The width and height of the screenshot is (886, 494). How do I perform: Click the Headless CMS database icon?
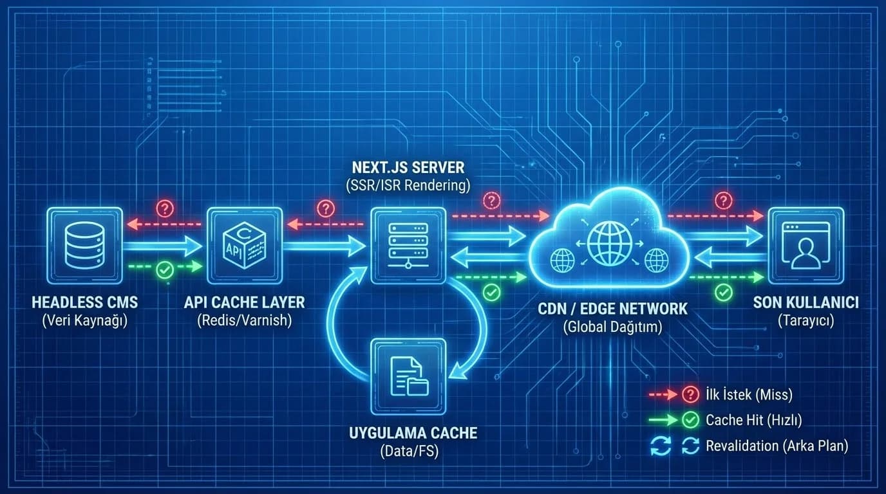coord(84,246)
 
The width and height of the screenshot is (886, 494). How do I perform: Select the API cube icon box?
coord(245,246)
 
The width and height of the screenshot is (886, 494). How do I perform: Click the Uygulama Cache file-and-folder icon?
coord(409,376)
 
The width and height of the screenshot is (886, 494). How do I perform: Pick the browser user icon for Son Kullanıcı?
coord(806,246)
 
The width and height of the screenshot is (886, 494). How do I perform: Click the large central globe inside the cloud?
coord(610,243)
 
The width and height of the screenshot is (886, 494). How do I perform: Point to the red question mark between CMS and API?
coord(165,208)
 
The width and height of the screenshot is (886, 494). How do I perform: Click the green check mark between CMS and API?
coord(165,270)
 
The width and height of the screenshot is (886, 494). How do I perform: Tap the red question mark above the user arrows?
coord(724,201)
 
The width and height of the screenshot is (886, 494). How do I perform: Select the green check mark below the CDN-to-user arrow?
coord(724,293)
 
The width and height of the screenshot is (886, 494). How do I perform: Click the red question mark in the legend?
coord(690,394)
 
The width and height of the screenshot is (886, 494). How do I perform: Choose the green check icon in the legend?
coord(690,419)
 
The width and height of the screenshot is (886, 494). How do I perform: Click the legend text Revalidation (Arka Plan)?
coord(777,446)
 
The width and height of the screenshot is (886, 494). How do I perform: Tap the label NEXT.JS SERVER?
coord(408,168)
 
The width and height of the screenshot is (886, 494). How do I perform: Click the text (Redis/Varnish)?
coord(245,320)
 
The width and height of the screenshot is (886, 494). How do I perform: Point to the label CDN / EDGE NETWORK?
coord(612,309)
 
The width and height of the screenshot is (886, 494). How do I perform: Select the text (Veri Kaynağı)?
coord(85,320)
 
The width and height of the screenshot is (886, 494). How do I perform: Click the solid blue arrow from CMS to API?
coord(163,246)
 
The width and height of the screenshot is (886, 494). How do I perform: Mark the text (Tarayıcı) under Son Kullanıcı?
coord(806,320)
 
